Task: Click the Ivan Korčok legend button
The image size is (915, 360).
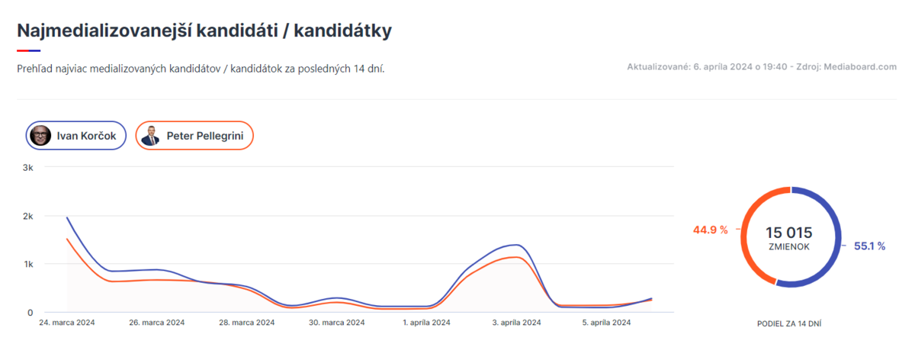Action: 75,137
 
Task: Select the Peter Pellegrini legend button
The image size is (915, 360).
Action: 194,137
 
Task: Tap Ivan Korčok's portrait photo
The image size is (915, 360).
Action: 40,137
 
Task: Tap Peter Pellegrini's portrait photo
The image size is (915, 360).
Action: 150,137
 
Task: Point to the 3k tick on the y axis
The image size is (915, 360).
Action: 27,167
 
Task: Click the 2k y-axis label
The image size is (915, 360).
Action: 27,216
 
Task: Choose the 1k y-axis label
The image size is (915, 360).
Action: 27,264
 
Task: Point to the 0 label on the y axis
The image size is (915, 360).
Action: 30,313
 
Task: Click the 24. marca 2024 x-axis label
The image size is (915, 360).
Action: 67,323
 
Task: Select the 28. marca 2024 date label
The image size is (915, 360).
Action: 246,323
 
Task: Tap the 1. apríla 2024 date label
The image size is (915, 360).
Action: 425,323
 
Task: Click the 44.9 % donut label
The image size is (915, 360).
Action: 710,230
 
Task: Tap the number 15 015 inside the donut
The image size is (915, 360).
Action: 788,233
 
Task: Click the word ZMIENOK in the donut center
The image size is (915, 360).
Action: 788,247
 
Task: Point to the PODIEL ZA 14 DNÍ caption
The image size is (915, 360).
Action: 788,323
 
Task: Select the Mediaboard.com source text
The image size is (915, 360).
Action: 860,67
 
